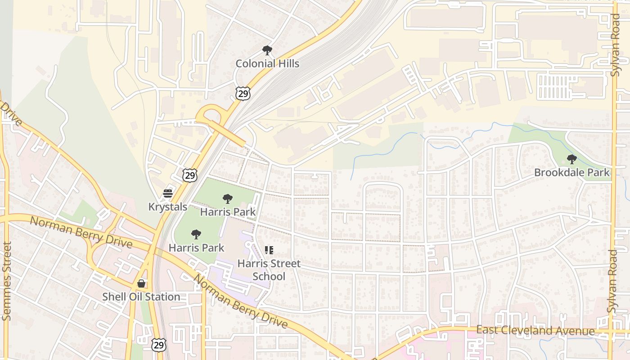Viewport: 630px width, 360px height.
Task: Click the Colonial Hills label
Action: (x=267, y=63)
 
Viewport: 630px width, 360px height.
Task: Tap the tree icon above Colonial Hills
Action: (x=267, y=50)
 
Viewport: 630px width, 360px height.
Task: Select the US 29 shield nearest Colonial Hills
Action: (x=243, y=94)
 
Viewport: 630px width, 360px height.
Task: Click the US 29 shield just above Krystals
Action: (x=190, y=175)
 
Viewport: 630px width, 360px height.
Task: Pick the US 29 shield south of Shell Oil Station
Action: (x=158, y=345)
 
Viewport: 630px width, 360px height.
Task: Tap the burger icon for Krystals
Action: (x=168, y=193)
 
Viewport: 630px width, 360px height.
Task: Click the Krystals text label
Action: (x=168, y=207)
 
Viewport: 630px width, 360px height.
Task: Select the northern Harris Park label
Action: (x=228, y=211)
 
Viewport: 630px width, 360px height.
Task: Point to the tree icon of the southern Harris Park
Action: (x=196, y=234)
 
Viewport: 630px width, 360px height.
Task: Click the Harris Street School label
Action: (x=269, y=270)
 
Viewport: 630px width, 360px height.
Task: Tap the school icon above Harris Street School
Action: (x=269, y=250)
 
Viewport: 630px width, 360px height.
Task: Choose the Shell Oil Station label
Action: (x=141, y=297)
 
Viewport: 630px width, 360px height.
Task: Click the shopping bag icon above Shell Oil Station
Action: (x=141, y=283)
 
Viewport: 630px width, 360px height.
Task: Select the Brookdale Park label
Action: (x=571, y=172)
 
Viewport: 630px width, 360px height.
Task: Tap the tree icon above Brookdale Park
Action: (x=571, y=159)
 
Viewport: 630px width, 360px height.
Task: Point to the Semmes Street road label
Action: (x=6, y=281)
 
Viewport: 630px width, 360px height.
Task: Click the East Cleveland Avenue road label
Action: (x=535, y=331)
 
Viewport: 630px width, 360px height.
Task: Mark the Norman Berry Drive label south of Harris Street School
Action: (x=240, y=301)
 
